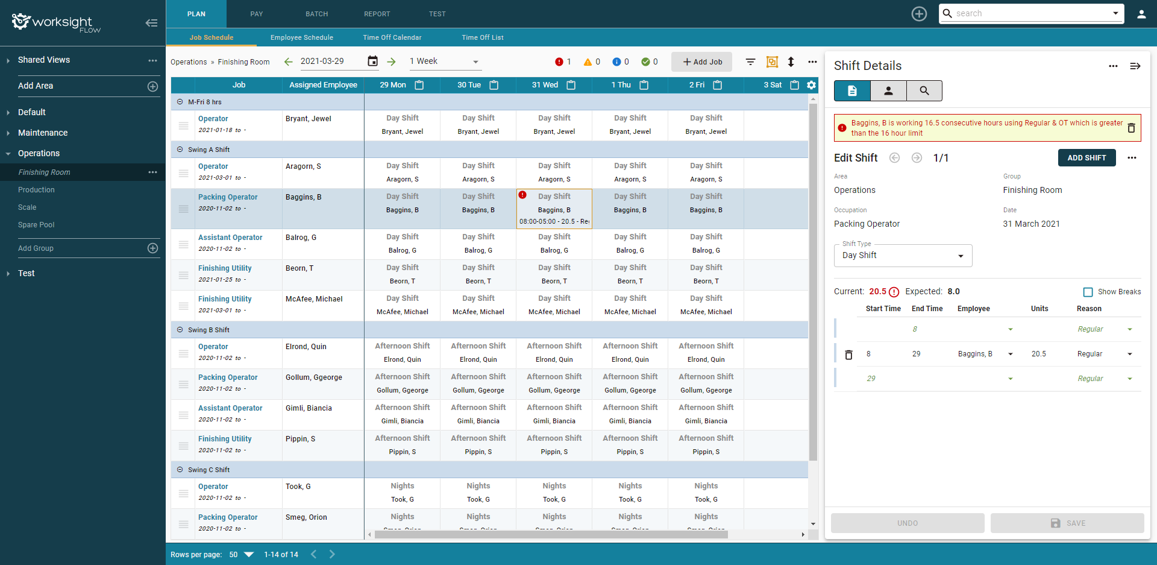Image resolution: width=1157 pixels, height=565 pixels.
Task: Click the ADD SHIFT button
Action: point(1086,158)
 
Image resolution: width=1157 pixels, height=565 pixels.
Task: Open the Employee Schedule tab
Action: point(301,37)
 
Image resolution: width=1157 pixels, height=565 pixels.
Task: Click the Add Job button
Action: point(701,62)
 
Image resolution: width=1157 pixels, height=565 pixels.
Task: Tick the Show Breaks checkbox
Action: point(1088,292)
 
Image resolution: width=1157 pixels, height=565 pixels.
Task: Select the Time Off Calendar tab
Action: point(392,37)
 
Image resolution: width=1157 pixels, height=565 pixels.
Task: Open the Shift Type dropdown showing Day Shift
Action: point(903,256)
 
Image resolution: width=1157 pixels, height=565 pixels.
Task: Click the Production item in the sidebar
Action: point(36,190)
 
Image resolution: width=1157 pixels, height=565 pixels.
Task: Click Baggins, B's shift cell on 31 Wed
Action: point(554,209)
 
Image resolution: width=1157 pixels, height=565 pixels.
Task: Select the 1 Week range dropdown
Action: point(444,62)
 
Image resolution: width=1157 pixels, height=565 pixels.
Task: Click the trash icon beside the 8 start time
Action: point(848,355)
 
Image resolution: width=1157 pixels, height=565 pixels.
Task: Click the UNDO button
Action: point(907,523)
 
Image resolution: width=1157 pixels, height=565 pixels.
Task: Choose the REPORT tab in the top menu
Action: point(377,14)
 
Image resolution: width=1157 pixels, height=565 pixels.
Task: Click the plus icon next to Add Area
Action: point(153,86)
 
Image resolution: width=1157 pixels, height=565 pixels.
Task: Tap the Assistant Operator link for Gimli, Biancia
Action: point(230,408)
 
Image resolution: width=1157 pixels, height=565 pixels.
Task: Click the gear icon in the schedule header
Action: point(812,85)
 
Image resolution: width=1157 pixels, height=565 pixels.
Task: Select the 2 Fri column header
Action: point(697,85)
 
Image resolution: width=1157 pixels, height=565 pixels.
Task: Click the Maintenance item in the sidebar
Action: point(43,133)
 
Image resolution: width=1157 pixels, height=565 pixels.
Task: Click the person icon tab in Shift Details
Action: point(888,91)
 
